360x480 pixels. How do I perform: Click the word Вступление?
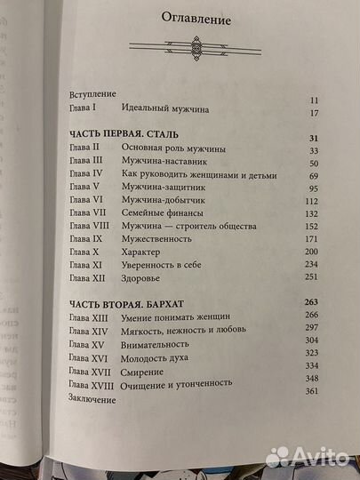(92, 92)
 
